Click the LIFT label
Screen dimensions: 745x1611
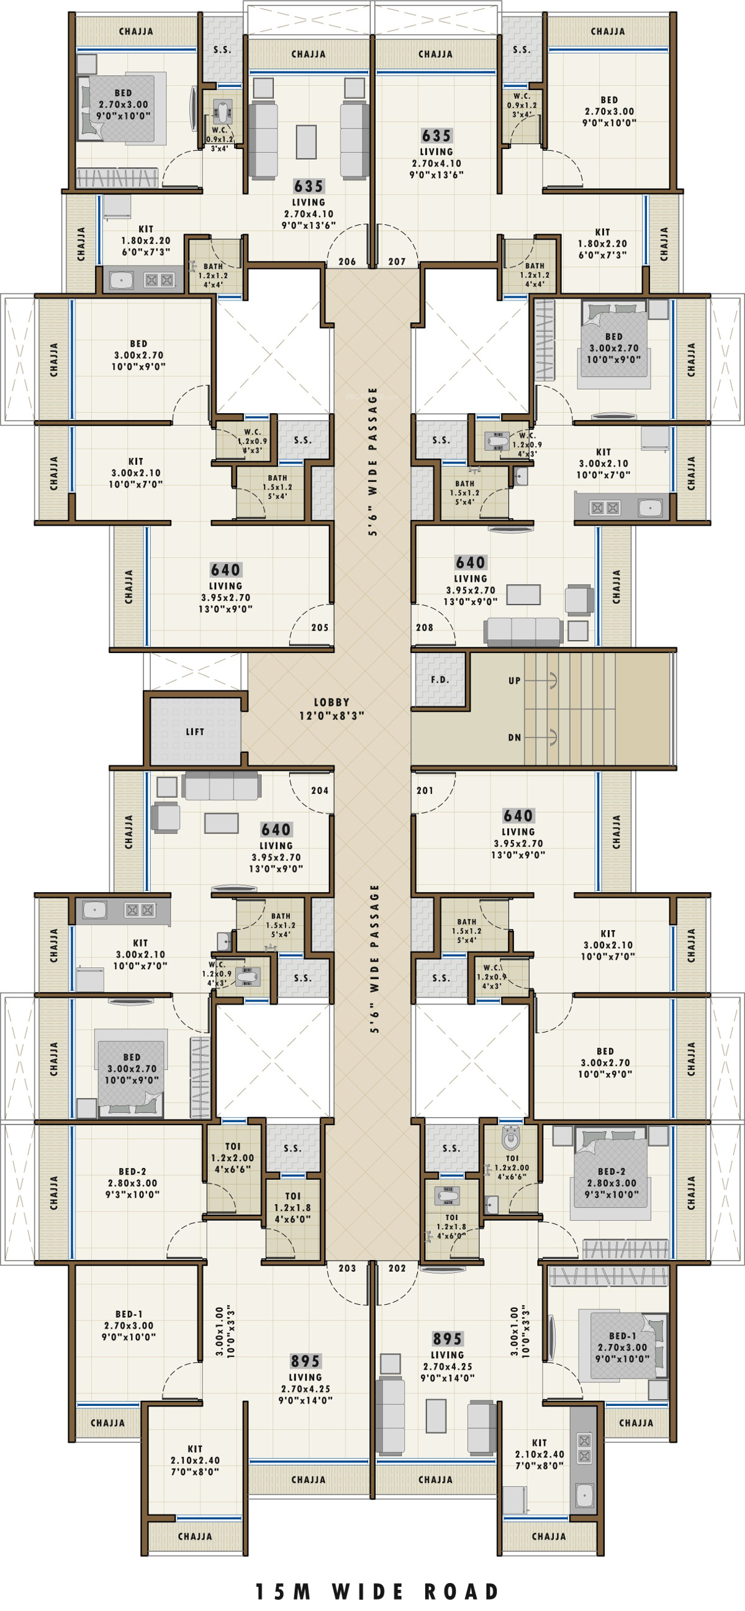pos(194,731)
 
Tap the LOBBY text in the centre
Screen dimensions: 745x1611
pos(332,702)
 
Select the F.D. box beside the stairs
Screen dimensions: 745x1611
pos(440,680)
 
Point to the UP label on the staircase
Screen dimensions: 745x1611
pos(515,680)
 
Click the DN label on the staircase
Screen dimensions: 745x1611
pos(515,737)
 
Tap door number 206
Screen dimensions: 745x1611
pos(347,262)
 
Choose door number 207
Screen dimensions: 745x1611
pos(397,262)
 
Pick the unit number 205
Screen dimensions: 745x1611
pos(319,628)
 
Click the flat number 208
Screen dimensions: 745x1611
pos(425,628)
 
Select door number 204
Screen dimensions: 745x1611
pos(319,790)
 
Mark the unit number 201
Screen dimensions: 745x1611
pos(425,790)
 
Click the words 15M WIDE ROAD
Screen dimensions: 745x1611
pos(377,1592)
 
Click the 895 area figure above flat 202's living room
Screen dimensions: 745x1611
pos(448,1339)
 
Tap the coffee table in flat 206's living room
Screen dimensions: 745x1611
pos(306,142)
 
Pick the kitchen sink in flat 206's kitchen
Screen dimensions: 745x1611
pos(122,280)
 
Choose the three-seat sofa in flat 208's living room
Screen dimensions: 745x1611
pos(524,632)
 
